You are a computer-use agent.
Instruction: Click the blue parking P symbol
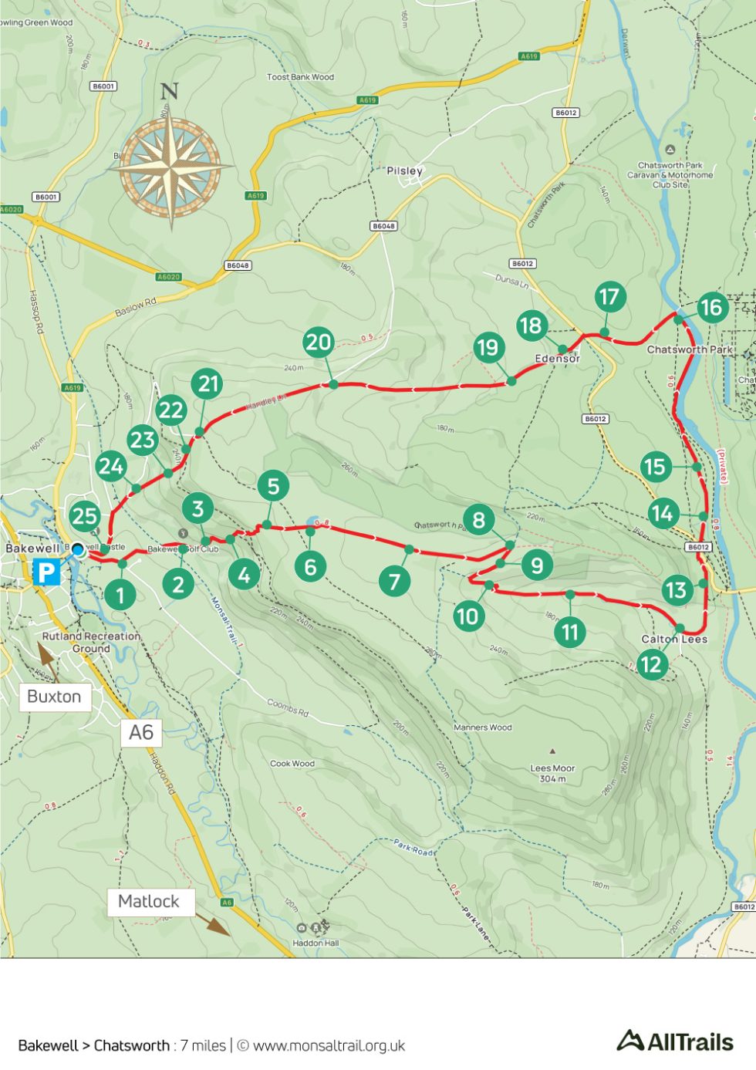[46, 572]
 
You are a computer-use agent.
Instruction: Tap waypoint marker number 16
[710, 308]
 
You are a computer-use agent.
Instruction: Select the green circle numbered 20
[319, 342]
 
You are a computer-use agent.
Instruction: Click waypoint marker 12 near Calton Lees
[652, 663]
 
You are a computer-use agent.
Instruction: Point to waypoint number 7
[394, 581]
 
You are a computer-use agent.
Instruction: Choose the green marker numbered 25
[85, 516]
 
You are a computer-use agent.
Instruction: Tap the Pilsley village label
[404, 170]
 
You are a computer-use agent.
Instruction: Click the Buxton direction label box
[54, 697]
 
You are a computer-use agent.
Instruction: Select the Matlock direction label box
[149, 901]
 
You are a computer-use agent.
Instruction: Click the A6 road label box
[141, 732]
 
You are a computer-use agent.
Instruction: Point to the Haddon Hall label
[315, 943]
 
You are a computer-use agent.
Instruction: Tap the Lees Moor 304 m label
[552, 773]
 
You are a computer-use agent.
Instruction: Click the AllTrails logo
[675, 1041]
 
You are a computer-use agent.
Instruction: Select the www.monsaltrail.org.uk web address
[329, 1046]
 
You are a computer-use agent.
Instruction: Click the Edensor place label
[557, 359]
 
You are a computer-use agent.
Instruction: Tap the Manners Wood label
[482, 727]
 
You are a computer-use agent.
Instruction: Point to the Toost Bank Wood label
[300, 77]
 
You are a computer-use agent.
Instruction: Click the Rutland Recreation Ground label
[91, 642]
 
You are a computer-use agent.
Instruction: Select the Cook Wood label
[292, 764]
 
